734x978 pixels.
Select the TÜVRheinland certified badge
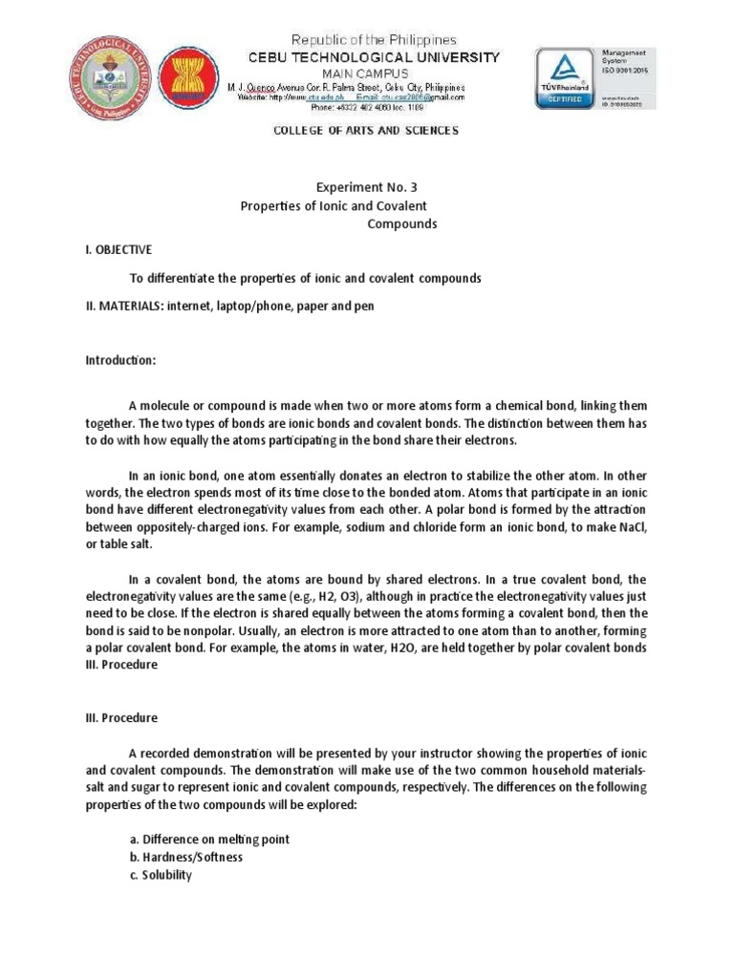(x=565, y=80)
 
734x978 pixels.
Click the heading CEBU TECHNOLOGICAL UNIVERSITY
(x=360, y=57)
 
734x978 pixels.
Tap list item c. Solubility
(x=161, y=875)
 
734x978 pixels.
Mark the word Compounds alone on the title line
(x=401, y=224)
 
